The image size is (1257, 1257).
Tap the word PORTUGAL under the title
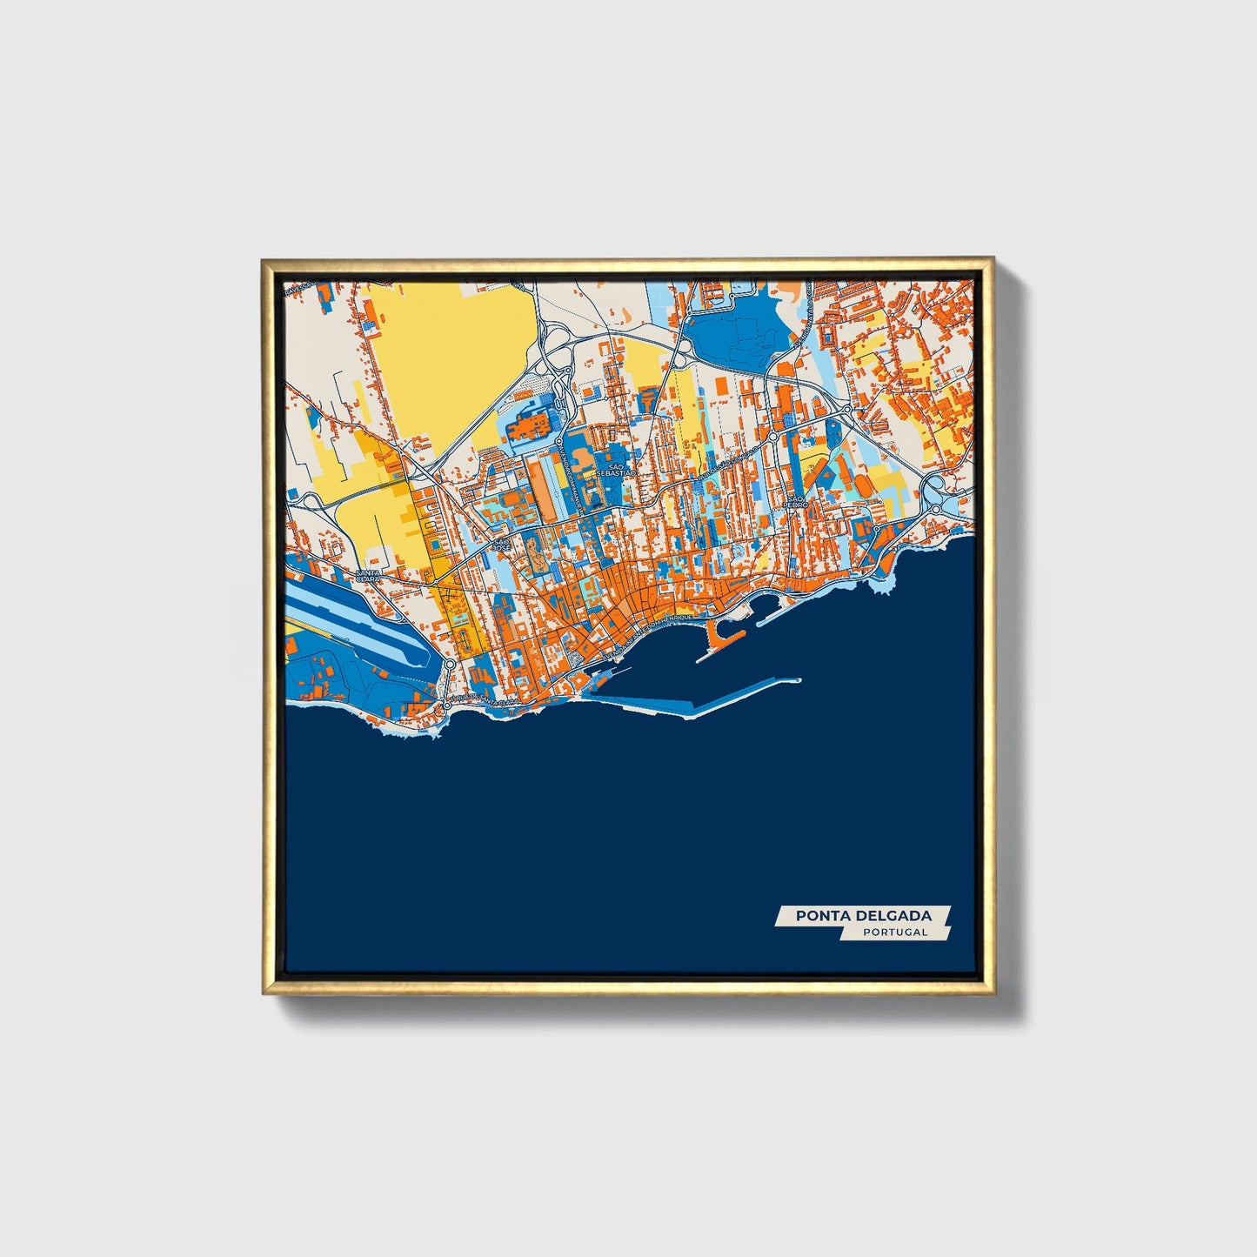pos(895,932)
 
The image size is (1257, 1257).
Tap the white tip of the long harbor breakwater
pos(792,680)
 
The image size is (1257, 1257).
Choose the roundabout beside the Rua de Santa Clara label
pos(447,704)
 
